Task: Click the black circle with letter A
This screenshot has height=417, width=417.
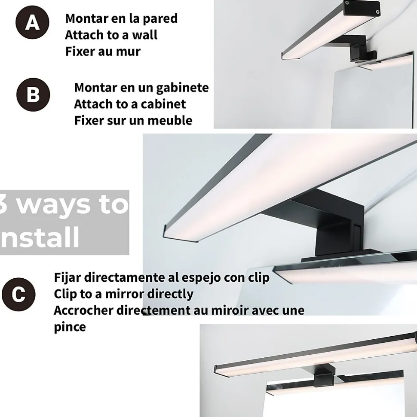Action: click(32, 22)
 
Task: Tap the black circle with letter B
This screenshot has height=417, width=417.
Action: click(33, 94)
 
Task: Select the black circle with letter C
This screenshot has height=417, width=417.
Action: click(18, 295)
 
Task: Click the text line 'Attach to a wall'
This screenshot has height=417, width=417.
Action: click(111, 35)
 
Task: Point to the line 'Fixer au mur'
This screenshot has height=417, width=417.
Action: click(102, 52)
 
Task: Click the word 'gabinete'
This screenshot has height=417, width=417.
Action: click(182, 88)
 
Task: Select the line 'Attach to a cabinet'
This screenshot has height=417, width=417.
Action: click(130, 104)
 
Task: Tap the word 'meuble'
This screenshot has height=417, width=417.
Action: click(170, 121)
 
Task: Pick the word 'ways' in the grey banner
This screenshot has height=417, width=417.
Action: click(53, 205)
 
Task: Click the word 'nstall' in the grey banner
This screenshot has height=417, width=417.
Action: click(40, 237)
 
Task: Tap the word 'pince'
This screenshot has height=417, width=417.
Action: click(70, 327)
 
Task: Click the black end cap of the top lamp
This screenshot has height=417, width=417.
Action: click(362, 9)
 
